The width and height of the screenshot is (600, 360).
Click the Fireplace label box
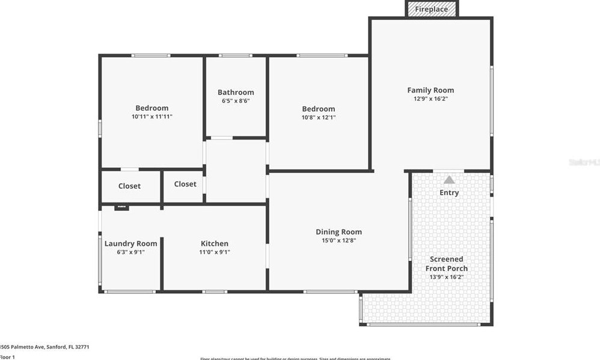432,9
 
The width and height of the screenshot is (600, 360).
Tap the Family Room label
430,90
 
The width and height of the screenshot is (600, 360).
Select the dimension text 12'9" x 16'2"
430,99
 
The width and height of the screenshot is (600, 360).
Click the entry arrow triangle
449,180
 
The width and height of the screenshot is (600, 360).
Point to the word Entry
449,193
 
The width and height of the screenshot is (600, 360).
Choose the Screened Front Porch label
447,264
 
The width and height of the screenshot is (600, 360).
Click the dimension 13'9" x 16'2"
447,277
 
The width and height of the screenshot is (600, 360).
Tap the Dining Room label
338,232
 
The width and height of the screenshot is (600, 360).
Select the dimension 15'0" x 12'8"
338,240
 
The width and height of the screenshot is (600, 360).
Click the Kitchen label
215,243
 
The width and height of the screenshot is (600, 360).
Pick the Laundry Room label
130,243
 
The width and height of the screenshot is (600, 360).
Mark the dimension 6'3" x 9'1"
130,252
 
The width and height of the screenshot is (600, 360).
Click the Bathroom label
236,93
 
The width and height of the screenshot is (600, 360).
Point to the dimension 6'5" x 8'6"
236,101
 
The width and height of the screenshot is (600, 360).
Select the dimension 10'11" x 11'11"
152,117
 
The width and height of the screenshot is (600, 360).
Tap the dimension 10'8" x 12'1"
319,117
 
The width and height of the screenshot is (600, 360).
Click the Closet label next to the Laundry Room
129,186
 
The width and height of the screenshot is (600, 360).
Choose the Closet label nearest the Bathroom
185,184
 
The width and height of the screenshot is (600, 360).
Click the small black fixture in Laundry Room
122,207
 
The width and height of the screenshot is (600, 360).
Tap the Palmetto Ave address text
45,347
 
